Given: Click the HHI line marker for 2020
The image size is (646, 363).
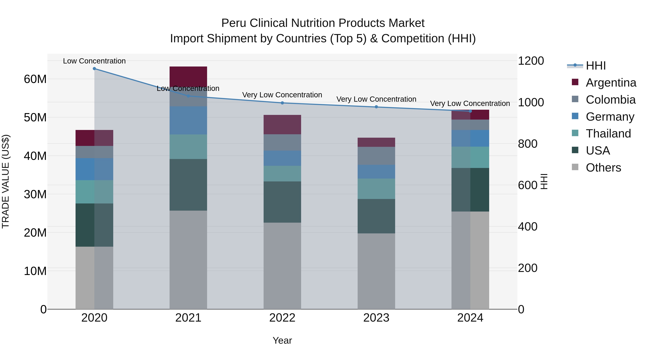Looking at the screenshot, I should coord(94,69).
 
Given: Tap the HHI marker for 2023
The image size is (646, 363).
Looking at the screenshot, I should coord(376,107).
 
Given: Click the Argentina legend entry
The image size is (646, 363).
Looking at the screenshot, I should coord(611,83).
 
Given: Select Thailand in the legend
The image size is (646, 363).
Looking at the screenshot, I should coord(608,134).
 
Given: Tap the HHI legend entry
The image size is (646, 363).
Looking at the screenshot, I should coord(596,66).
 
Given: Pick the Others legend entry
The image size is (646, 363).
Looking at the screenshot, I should coord(603,168).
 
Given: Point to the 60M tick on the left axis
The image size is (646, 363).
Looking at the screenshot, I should coord(35,79).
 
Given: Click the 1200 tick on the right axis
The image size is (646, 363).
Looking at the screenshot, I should coord(531,61).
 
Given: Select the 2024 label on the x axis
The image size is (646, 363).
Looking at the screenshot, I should coord(470,318).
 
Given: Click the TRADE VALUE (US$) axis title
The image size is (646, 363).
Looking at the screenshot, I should coord(6,181).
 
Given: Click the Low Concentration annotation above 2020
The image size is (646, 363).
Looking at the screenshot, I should coord(94,61).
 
